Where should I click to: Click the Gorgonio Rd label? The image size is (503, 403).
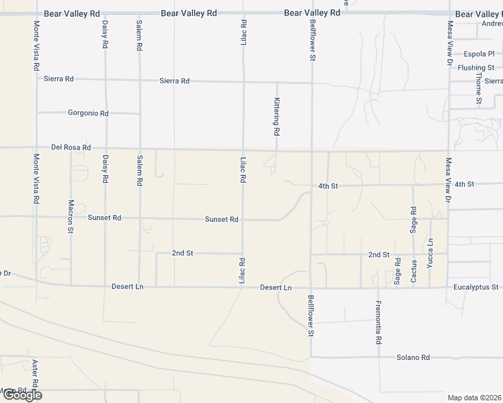click(x=88, y=113)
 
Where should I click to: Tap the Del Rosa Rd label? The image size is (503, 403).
click(x=71, y=147)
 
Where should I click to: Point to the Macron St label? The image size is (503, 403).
click(x=71, y=216)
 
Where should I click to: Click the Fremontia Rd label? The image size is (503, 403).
click(x=379, y=322)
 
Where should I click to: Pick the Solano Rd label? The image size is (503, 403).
click(x=412, y=357)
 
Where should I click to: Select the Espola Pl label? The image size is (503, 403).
click(x=479, y=54)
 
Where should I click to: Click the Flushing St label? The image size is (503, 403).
click(x=475, y=68)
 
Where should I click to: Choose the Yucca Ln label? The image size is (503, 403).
click(x=430, y=253)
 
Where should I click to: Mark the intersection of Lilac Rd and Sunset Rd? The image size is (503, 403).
click(x=243, y=219)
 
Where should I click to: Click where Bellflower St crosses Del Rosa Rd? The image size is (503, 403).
click(x=311, y=150)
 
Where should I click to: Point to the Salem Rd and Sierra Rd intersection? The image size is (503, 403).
click(x=139, y=80)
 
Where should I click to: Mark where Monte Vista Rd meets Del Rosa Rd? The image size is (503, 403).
click(x=36, y=148)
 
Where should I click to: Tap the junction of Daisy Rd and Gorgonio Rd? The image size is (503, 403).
click(x=105, y=113)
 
